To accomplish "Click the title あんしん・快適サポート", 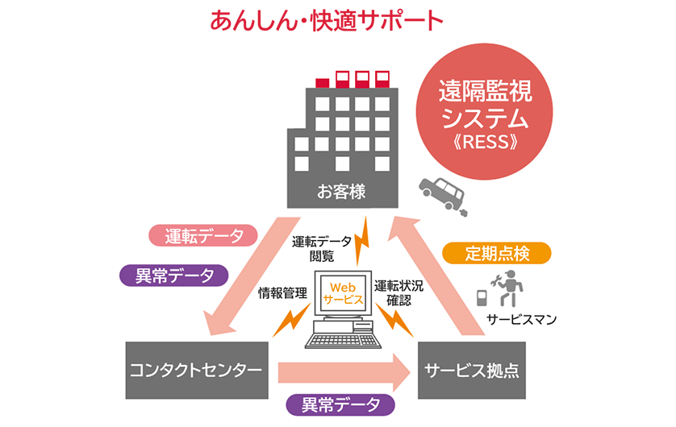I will [x=327, y=21].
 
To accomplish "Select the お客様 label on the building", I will [x=341, y=192].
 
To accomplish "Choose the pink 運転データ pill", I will [x=203, y=236].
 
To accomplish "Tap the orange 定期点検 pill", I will [x=497, y=254].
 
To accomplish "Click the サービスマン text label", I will [x=522, y=319].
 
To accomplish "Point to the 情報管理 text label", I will [x=282, y=292].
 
